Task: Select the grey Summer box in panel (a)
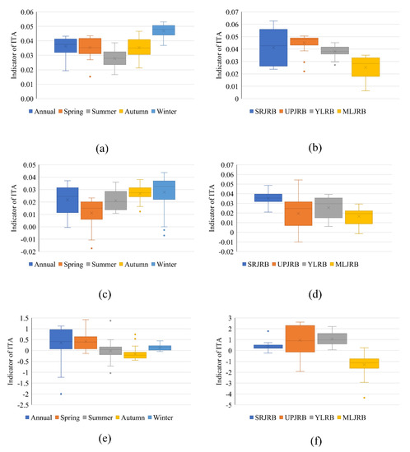114,58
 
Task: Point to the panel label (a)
103,149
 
